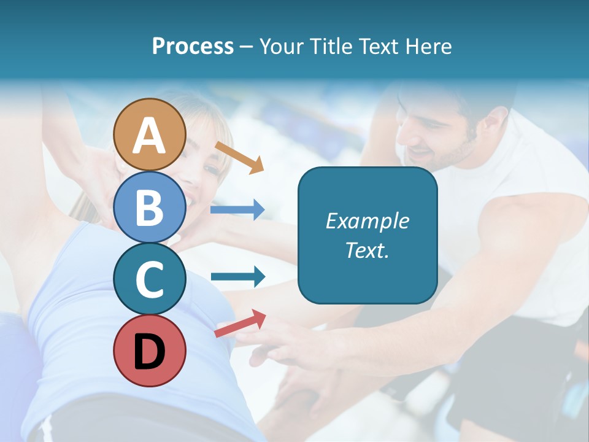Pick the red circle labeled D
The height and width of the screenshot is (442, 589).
[150, 351]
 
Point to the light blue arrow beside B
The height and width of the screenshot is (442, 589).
[237, 210]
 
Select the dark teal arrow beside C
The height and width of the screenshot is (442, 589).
[237, 277]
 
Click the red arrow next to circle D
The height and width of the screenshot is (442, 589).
[240, 324]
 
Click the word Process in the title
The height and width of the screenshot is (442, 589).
[193, 46]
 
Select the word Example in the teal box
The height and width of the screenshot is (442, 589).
[368, 221]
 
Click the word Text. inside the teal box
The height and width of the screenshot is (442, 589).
[368, 250]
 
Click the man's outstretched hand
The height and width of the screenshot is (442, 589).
[276, 350]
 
